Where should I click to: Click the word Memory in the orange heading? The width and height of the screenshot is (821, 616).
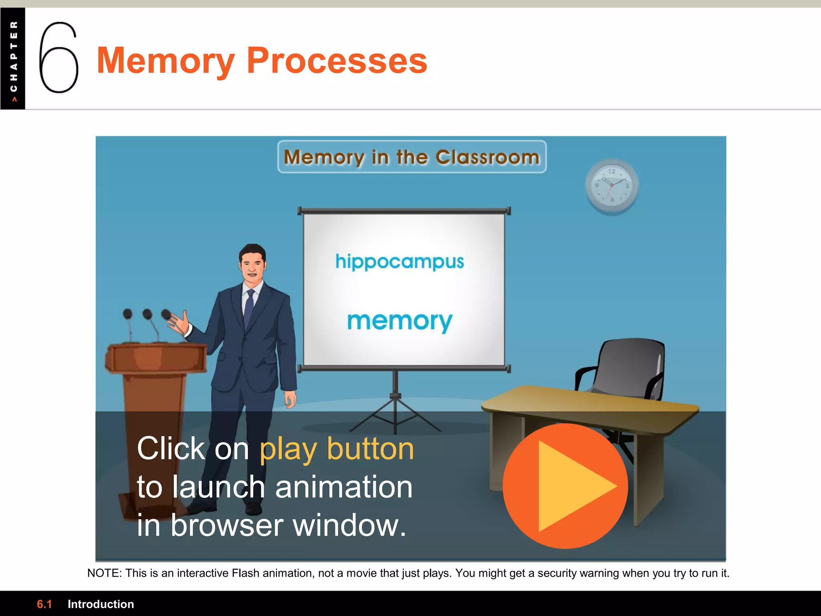coord(165,61)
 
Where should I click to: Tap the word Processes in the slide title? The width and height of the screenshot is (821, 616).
coord(337,61)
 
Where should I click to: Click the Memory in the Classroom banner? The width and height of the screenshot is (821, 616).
coord(412,157)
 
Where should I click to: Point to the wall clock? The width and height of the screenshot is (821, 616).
coord(612,186)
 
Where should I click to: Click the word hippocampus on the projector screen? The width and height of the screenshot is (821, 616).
coord(400,262)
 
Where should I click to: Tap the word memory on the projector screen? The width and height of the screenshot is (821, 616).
coord(400,321)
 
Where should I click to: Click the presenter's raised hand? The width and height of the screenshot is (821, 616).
coord(180,323)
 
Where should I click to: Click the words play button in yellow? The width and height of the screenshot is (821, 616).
coord(337,449)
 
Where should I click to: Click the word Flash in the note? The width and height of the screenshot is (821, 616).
coord(245,573)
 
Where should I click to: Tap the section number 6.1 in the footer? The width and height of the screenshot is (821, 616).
coord(44,604)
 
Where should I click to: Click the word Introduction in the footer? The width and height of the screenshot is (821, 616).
coord(101,604)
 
